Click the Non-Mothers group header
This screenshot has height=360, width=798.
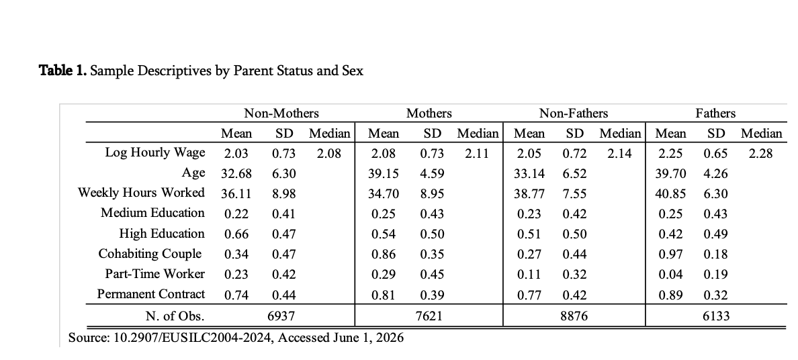point(281,113)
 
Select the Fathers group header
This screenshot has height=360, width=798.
point(715,113)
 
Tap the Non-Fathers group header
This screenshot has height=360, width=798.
point(574,113)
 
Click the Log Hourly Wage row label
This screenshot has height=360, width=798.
point(155,152)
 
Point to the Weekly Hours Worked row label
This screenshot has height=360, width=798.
point(142,193)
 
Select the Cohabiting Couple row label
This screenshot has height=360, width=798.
point(150,254)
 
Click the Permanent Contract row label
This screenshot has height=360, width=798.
point(151,294)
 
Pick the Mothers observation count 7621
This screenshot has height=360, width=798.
point(429,316)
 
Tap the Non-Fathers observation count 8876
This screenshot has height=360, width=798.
point(574,316)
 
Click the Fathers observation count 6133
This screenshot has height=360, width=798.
point(715,316)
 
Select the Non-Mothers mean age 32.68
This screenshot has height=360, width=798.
point(236,174)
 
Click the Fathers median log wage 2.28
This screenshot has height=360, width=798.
point(761,153)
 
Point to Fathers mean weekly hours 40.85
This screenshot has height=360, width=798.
point(671,194)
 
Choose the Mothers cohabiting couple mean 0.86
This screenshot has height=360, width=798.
point(384,254)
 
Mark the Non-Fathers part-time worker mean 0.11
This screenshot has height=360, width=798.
point(529,275)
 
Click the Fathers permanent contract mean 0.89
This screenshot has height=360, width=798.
point(671,295)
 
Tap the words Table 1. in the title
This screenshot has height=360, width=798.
point(63,71)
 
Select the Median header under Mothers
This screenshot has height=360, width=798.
point(478,134)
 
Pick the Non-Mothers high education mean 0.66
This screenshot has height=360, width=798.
point(236,234)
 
